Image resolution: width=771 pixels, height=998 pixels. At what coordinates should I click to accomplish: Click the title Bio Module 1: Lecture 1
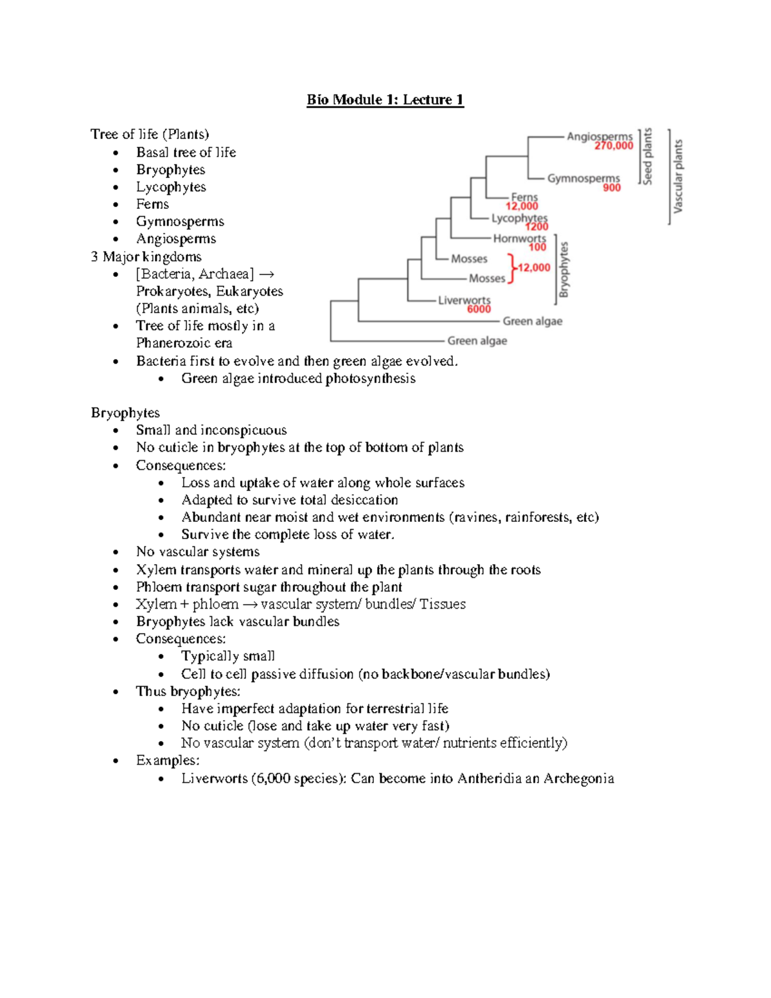pyautogui.click(x=385, y=100)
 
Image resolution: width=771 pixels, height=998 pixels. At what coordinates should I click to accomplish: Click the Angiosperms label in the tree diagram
pyautogui.click(x=599, y=136)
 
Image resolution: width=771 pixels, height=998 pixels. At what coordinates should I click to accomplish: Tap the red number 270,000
pyautogui.click(x=614, y=147)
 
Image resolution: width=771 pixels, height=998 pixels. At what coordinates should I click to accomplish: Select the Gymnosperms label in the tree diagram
pyautogui.click(x=583, y=178)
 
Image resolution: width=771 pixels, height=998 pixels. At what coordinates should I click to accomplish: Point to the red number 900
pyautogui.click(x=612, y=188)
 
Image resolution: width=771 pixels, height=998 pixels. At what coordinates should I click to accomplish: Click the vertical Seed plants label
pyautogui.click(x=648, y=156)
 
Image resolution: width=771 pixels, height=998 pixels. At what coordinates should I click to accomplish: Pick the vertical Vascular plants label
pyautogui.click(x=678, y=177)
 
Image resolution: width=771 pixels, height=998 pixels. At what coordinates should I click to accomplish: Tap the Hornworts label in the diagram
pyautogui.click(x=519, y=238)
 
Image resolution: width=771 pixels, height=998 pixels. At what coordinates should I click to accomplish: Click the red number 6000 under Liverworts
pyautogui.click(x=479, y=309)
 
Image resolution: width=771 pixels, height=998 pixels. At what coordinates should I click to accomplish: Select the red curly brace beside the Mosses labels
pyautogui.click(x=511, y=269)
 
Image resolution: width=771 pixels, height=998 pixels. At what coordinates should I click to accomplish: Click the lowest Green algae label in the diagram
pyautogui.click(x=477, y=341)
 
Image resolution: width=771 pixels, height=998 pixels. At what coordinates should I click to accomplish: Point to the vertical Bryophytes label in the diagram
pyautogui.click(x=564, y=269)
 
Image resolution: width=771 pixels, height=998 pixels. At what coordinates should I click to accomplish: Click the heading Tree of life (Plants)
pyautogui.click(x=150, y=134)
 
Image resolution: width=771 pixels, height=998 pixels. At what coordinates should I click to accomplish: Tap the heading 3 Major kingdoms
pyautogui.click(x=146, y=257)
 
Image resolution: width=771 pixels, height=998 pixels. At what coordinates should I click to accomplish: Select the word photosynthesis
pyautogui.click(x=370, y=379)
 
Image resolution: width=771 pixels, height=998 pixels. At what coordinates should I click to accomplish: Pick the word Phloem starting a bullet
pyautogui.click(x=159, y=587)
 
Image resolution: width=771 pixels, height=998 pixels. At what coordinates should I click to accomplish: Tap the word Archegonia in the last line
pyautogui.click(x=578, y=778)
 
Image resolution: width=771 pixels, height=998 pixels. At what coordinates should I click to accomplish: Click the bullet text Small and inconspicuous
pyautogui.click(x=211, y=430)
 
